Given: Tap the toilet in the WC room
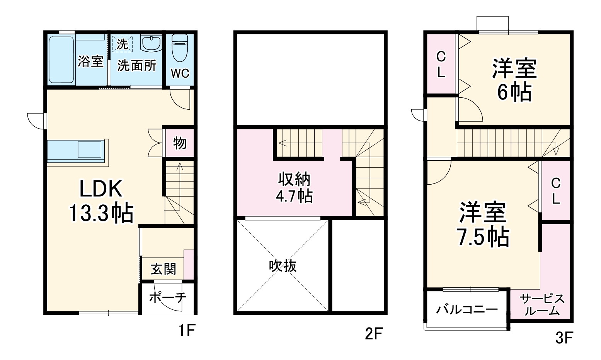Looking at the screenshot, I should (x=179, y=48).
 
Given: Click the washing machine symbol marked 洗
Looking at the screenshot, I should (x=122, y=44).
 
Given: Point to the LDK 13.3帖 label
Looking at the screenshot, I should (x=101, y=201).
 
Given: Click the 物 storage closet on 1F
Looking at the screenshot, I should (x=180, y=143).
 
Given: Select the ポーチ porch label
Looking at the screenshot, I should (x=167, y=298).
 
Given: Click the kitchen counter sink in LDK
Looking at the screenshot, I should (x=91, y=149).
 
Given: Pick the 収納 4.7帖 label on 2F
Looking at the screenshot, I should (x=294, y=188).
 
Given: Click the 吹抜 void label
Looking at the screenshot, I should (x=283, y=266).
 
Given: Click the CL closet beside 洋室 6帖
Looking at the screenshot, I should (x=441, y=65).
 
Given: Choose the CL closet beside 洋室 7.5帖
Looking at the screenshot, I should (x=555, y=191).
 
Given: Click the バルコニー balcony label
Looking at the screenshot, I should (x=467, y=310).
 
